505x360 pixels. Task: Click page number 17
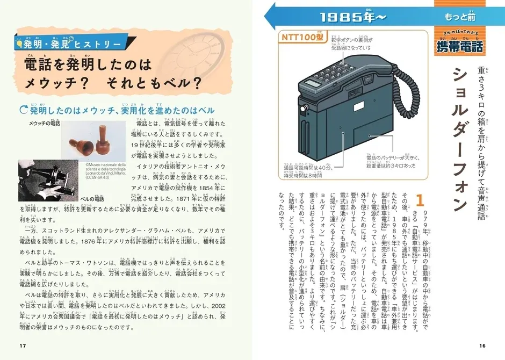[22, 344]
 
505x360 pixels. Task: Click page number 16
[482, 344]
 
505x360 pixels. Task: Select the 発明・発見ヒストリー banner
[75, 43]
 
